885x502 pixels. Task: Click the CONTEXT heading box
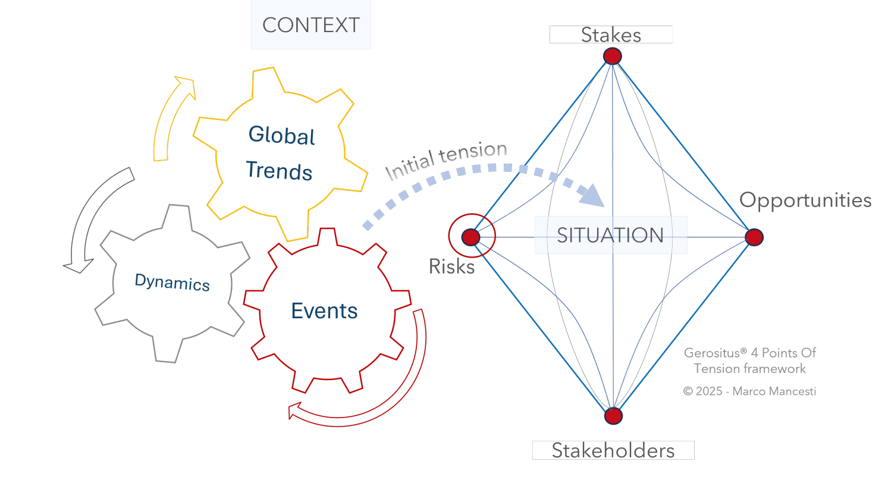coord(311,24)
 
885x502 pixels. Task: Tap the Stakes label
coord(611,34)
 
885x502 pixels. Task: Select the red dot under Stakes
coord(613,56)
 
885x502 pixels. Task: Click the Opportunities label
coord(805,200)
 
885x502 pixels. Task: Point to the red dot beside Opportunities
coord(754,237)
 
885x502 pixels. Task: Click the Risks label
coord(451,266)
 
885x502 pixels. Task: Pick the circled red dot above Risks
coord(471,237)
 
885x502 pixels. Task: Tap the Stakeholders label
coord(613,451)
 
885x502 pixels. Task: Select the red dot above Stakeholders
coord(613,416)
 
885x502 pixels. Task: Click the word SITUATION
coord(610,235)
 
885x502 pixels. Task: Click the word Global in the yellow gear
coord(281,136)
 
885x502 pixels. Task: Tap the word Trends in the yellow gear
coord(279,171)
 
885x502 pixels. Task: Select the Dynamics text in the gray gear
coord(172,282)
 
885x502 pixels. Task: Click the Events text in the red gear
coord(324,311)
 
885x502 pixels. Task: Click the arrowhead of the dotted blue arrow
coord(592,196)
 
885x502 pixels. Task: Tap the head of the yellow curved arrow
coord(185,86)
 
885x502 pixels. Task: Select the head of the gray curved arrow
coord(79,266)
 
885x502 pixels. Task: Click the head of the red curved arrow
coord(295,410)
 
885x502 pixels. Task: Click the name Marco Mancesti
coord(774,391)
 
